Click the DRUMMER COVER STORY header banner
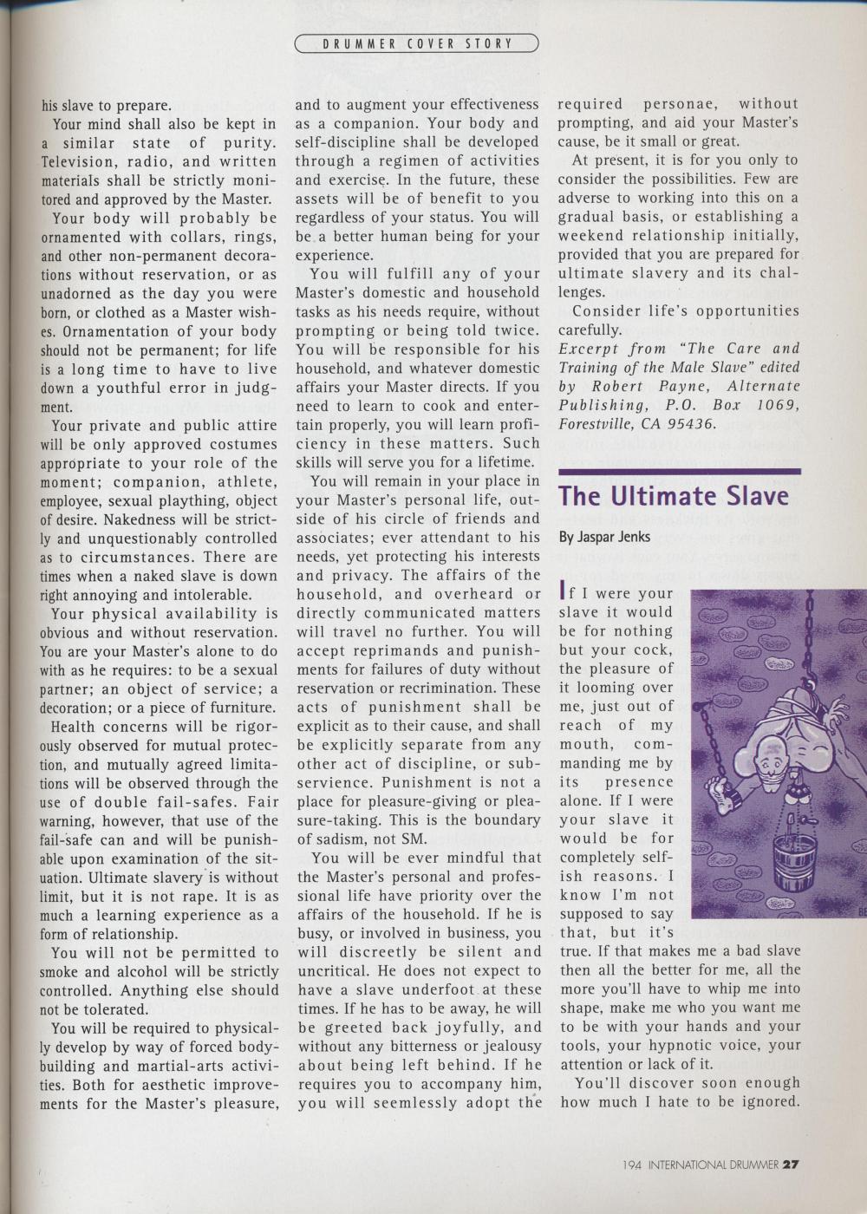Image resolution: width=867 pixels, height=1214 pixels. (x=417, y=43)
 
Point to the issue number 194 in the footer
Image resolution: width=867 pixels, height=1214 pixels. (x=632, y=1165)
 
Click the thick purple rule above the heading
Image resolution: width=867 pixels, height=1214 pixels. (x=679, y=471)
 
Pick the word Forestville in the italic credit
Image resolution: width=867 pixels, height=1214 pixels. (x=593, y=424)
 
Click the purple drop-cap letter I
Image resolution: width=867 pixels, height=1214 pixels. (x=563, y=593)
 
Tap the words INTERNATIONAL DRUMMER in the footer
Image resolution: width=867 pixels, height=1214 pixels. (x=713, y=1165)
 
